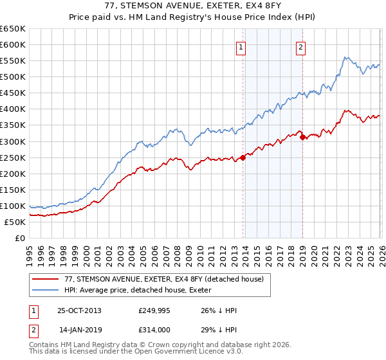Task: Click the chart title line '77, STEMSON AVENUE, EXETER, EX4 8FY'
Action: coord(192,6)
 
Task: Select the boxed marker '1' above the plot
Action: coord(241,46)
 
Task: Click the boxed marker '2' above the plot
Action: coord(300,46)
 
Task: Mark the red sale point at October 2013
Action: coord(243,157)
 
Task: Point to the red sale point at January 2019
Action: coord(302,137)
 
